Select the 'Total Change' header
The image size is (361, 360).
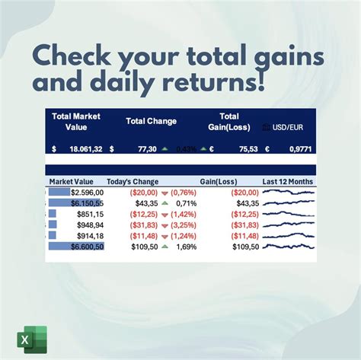point(151,120)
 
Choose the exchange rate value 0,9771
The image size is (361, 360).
point(297,149)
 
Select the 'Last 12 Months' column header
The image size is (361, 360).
point(288,182)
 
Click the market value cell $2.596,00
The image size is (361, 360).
point(86,193)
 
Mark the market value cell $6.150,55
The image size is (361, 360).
point(85,203)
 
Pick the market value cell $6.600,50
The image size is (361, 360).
point(86,247)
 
